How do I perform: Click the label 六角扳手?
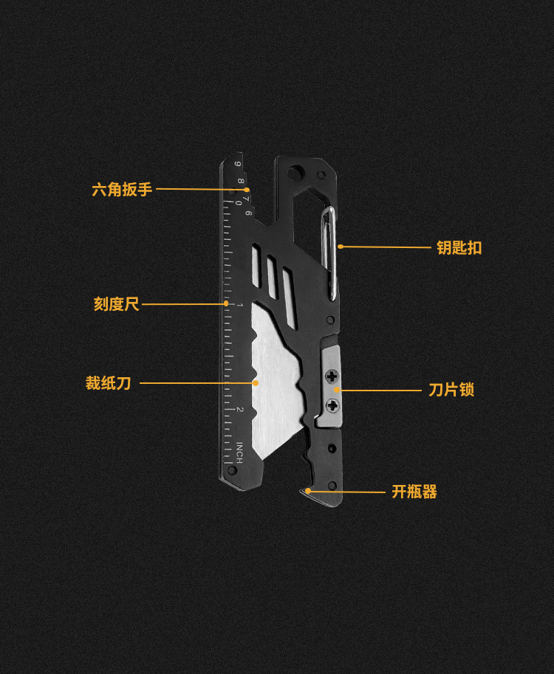pos(122,189)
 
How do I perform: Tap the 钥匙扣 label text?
pos(459,248)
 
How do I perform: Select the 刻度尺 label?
pos(116,303)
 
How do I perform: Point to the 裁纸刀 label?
pos(108,383)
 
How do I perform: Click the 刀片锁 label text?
pos(451,389)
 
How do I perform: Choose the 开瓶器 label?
pos(414,492)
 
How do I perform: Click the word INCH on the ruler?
pos(239,452)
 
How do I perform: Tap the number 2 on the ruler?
pos(239,410)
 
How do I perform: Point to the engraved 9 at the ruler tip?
pos(237,164)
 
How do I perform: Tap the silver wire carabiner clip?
pos(332,251)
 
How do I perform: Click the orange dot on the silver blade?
pos(256,383)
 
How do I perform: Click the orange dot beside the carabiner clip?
pos(341,247)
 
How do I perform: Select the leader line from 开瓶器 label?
pos(347,492)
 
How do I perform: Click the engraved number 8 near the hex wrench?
pos(241,179)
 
